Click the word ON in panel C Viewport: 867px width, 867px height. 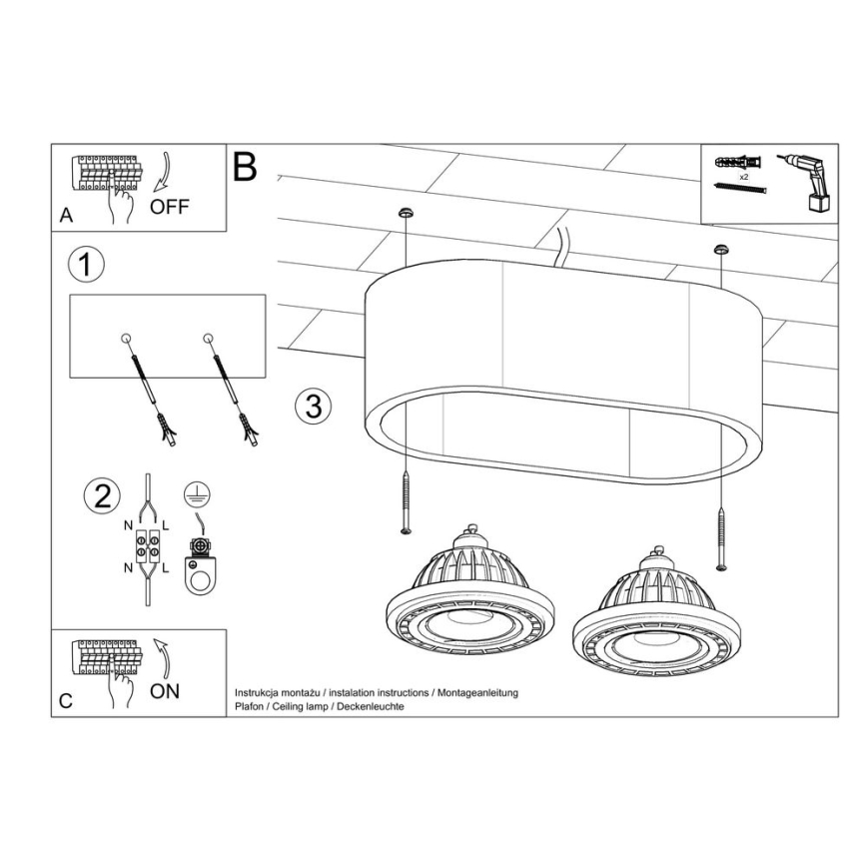(x=164, y=691)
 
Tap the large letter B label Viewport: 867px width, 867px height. (x=244, y=167)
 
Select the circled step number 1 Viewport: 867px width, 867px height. (x=86, y=265)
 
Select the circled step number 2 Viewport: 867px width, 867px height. (x=101, y=496)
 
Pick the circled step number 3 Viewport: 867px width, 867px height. (x=313, y=406)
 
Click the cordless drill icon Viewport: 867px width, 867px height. (x=810, y=181)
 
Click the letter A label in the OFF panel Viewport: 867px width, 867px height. (x=66, y=215)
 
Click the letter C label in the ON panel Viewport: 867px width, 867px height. (x=65, y=702)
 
